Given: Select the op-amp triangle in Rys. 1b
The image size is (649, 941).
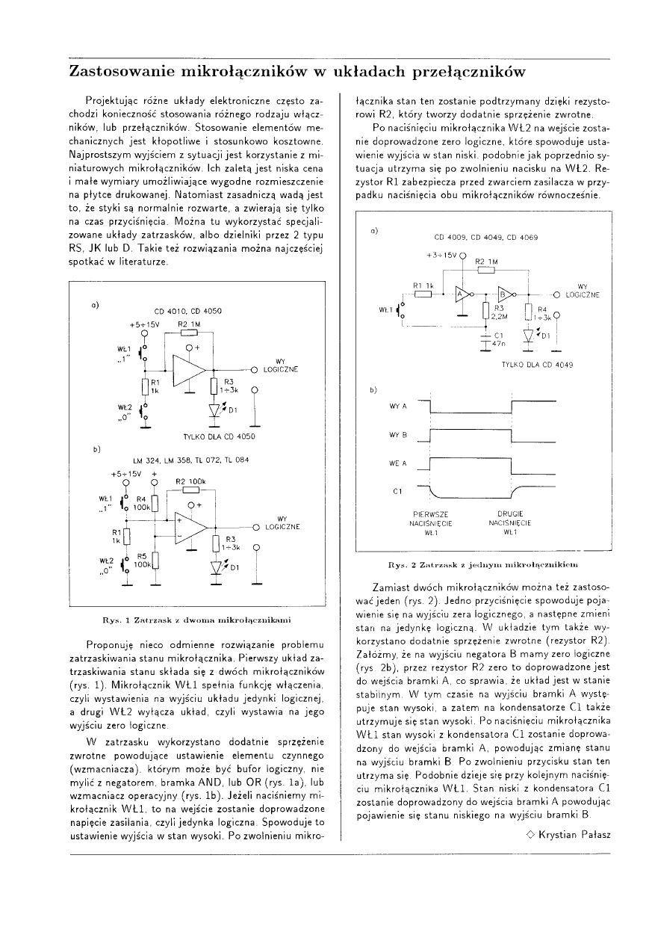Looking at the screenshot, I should [190, 527].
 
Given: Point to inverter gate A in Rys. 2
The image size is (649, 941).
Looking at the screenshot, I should [462, 293].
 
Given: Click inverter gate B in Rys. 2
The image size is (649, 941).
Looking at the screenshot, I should [505, 293].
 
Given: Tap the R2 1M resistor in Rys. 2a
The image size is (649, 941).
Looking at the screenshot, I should [485, 271].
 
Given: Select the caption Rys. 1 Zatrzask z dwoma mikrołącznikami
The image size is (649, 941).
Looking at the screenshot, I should [197, 620].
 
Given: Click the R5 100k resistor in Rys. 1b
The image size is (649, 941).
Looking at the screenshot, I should [155, 561].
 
